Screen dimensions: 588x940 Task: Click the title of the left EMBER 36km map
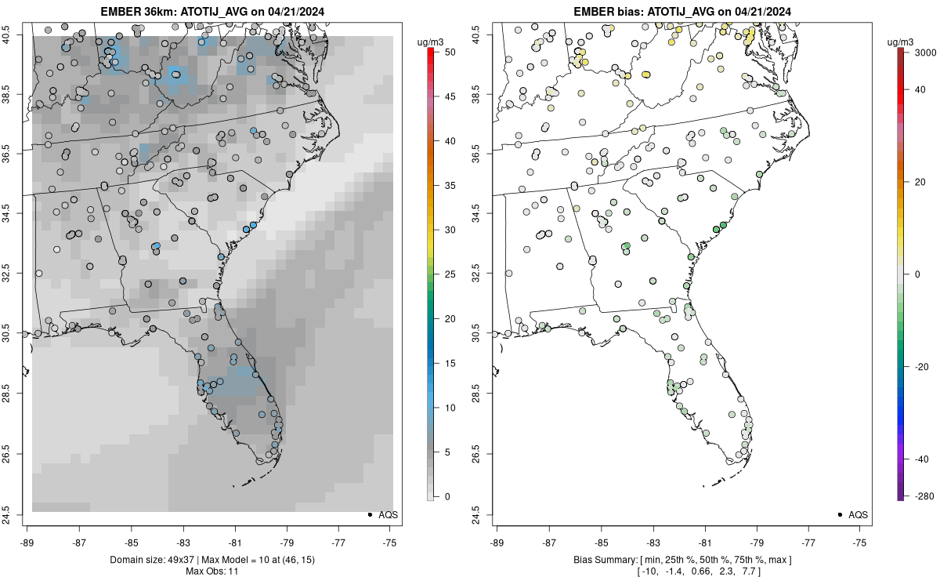[211, 12]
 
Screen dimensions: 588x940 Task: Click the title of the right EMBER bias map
[682, 12]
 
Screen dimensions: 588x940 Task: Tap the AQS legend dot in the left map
[369, 515]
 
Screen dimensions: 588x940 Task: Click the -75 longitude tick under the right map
[860, 542]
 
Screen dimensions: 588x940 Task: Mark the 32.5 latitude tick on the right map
[486, 274]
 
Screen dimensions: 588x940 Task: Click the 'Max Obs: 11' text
[211, 572]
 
